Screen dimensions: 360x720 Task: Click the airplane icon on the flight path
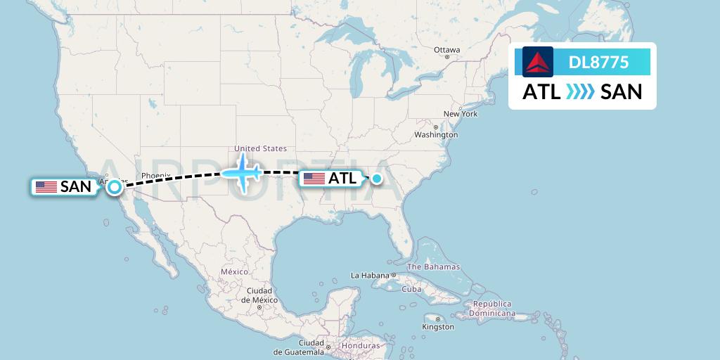pyautogui.click(x=242, y=172)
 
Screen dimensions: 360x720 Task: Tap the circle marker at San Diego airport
pyautogui.click(x=114, y=186)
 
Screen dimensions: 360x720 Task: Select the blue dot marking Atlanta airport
pyautogui.click(x=377, y=179)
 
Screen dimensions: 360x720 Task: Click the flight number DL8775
pyautogui.click(x=598, y=63)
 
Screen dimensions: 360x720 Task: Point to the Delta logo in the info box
pyautogui.click(x=538, y=62)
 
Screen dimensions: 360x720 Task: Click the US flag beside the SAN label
pyautogui.click(x=46, y=187)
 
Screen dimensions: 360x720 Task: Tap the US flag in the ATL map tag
pyautogui.click(x=314, y=179)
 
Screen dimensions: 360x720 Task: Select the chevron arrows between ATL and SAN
pyautogui.click(x=580, y=92)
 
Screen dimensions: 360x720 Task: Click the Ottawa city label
pyautogui.click(x=446, y=50)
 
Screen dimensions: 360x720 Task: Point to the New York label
pyautogui.click(x=460, y=114)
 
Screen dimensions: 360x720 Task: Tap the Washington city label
pyautogui.click(x=436, y=134)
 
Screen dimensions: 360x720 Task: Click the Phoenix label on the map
pyautogui.click(x=155, y=176)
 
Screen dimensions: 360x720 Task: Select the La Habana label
pyautogui.click(x=370, y=275)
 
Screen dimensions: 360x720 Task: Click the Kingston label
pyautogui.click(x=438, y=327)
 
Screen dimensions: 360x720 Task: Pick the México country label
pyautogui.click(x=234, y=271)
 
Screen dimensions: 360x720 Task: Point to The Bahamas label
pyautogui.click(x=433, y=267)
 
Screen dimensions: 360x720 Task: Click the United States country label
pyautogui.click(x=260, y=148)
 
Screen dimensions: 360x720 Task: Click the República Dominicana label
pyautogui.click(x=494, y=309)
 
